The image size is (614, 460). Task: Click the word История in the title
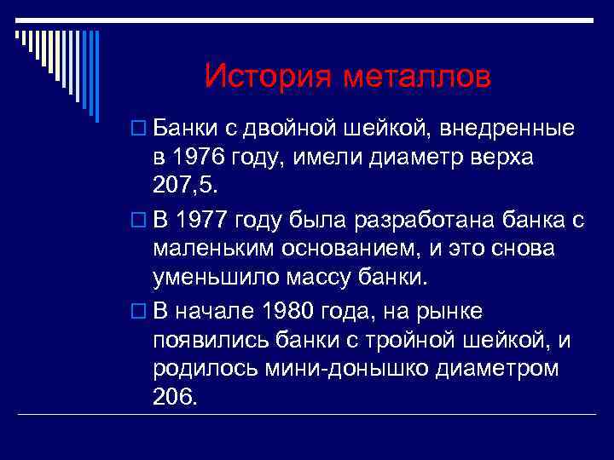tap(269, 78)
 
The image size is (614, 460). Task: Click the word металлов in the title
tap(418, 78)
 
